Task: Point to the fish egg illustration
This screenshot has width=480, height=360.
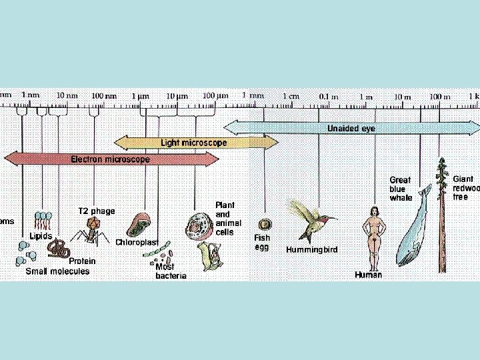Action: click(x=265, y=225)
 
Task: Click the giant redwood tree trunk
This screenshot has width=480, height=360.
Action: click(x=441, y=220)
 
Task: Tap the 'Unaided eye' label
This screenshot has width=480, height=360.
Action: click(x=351, y=128)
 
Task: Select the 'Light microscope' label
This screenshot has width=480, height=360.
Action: click(x=194, y=143)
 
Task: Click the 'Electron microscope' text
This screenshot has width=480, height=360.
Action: click(x=111, y=160)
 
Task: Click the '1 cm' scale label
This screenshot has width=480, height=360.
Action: click(x=292, y=96)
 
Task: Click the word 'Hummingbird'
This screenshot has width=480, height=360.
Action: click(x=312, y=250)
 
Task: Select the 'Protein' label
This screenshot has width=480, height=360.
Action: click(x=83, y=261)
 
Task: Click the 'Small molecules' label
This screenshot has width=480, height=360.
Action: click(x=57, y=271)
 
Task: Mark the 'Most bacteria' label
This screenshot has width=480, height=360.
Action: click(x=171, y=271)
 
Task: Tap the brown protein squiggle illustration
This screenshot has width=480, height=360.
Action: click(x=59, y=249)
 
